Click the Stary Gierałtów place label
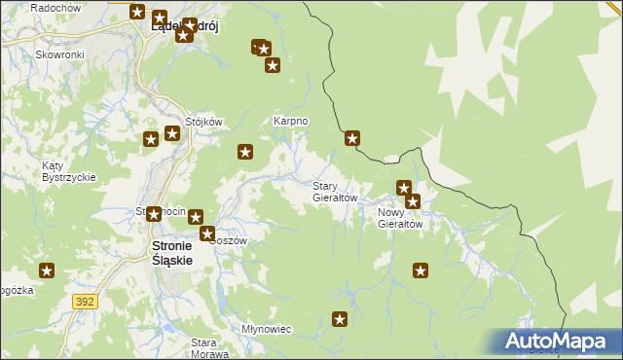(x=335, y=191)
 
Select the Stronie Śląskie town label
(x=171, y=254)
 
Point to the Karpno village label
(x=290, y=121)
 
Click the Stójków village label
(x=204, y=122)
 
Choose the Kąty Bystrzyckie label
(x=67, y=171)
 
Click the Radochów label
(x=55, y=8)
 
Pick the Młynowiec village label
(x=266, y=329)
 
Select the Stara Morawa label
(x=203, y=347)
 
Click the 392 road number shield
(x=85, y=303)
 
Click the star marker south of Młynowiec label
(x=340, y=318)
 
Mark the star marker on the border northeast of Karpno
(x=352, y=139)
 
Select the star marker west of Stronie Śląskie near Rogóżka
(x=46, y=270)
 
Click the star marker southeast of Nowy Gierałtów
(x=421, y=270)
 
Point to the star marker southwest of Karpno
(x=245, y=151)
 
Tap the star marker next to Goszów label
(x=207, y=234)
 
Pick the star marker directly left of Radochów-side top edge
(x=137, y=13)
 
